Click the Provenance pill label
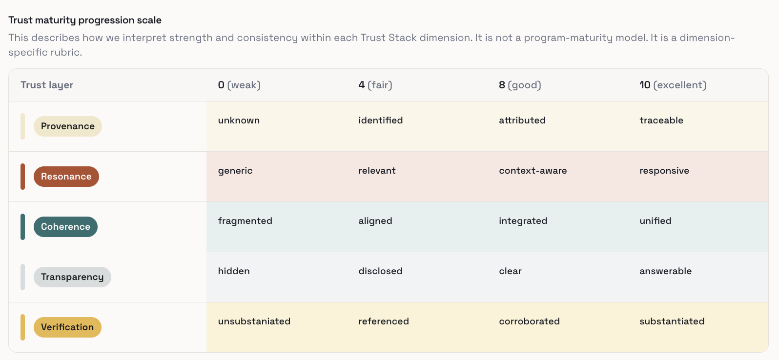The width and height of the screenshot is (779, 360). (67, 126)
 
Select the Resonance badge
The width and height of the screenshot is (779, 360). (66, 177)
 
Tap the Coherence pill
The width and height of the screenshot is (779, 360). (65, 227)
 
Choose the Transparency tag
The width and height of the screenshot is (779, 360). (72, 277)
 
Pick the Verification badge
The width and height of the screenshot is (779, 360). (67, 327)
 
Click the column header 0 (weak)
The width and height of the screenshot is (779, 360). (239, 85)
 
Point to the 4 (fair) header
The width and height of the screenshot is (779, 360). (375, 85)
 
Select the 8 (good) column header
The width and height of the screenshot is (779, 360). (520, 85)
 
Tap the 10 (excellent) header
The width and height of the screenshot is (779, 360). (673, 85)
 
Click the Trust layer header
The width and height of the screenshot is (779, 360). (47, 85)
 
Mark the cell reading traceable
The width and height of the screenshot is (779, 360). (661, 120)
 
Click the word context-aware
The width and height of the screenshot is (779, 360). (533, 171)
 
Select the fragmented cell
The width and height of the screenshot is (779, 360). (245, 221)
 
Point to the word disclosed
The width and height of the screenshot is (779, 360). (380, 271)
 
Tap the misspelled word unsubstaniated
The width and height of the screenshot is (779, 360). (254, 321)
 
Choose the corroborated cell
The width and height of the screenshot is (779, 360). (529, 321)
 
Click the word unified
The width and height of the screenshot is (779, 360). (655, 221)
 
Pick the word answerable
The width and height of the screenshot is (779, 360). (665, 271)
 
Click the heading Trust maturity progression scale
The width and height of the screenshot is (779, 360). (85, 20)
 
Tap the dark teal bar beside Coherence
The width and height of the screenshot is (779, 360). (22, 227)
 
